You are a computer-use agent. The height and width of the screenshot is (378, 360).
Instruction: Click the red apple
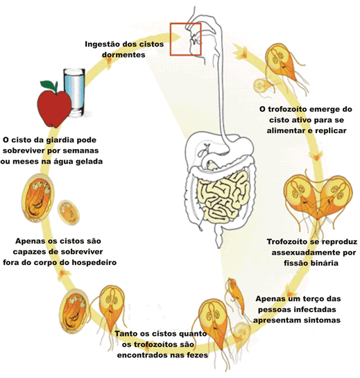point(54,108)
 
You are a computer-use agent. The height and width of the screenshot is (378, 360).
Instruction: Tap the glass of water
point(75,92)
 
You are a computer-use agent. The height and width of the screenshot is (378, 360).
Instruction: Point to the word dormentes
point(123,55)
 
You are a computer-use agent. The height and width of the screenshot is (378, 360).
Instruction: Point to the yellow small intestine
point(223,196)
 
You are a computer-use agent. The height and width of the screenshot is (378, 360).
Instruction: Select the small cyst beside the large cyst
point(69,212)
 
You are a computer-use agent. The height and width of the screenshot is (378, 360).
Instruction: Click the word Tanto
point(126,334)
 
